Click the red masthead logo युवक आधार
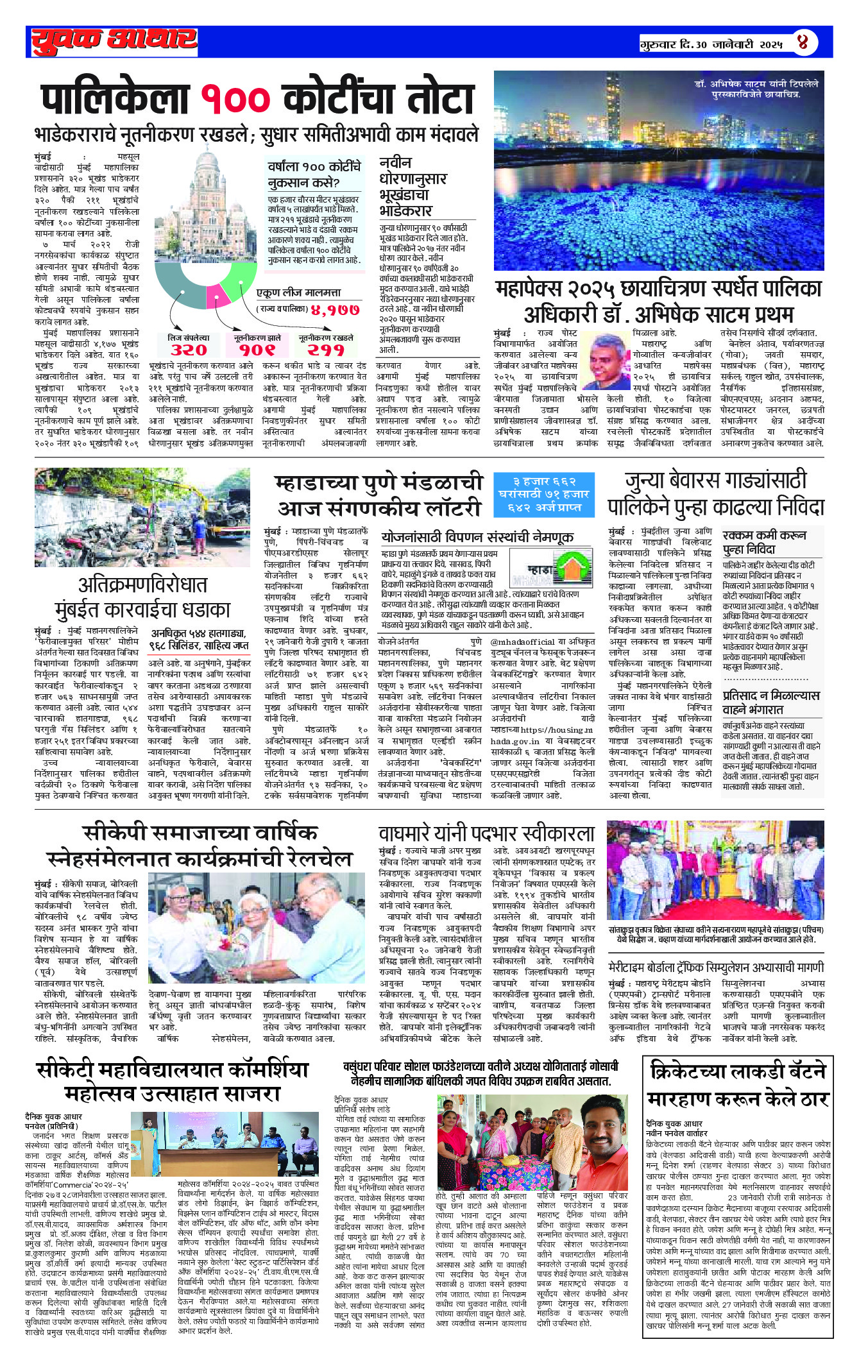tap(114, 41)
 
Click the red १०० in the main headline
tap(235, 99)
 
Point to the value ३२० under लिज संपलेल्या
tap(189, 350)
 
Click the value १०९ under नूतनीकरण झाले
tap(257, 350)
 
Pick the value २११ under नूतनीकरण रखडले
tap(326, 350)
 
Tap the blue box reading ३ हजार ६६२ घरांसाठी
tap(544, 494)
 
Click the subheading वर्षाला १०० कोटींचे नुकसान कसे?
tap(314, 174)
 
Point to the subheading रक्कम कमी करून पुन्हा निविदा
tap(765, 542)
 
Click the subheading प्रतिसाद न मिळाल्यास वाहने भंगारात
tap(771, 702)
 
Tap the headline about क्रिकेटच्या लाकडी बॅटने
tap(738, 1084)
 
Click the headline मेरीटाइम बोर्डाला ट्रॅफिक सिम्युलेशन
tap(716, 967)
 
